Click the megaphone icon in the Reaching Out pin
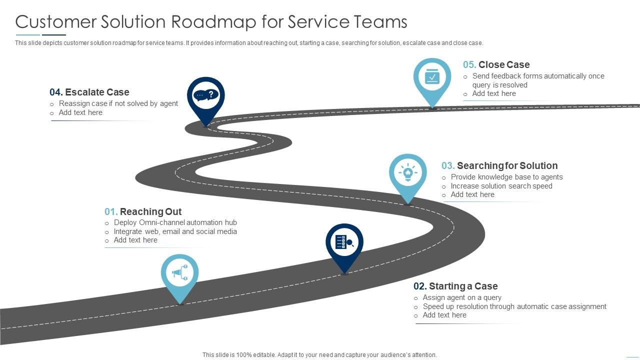click(x=179, y=273)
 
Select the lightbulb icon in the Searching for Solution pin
click(x=408, y=173)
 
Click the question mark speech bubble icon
click(x=206, y=94)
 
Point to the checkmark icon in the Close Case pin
click(x=432, y=77)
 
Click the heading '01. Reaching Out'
click(x=143, y=211)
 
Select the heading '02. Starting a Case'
click(x=455, y=286)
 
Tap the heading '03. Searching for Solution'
click(x=499, y=165)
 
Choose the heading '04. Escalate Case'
click(x=89, y=92)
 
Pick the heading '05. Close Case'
click(x=496, y=64)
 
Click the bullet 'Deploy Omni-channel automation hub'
click(x=175, y=222)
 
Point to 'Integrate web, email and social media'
click(x=175, y=231)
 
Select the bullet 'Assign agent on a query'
click(x=462, y=297)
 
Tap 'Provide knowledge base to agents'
click(x=506, y=177)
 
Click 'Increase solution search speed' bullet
click(x=501, y=186)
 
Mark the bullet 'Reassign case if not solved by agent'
click(x=118, y=103)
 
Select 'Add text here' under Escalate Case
click(x=80, y=112)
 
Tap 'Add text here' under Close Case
click(x=494, y=93)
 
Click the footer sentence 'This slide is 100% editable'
click(x=319, y=355)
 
